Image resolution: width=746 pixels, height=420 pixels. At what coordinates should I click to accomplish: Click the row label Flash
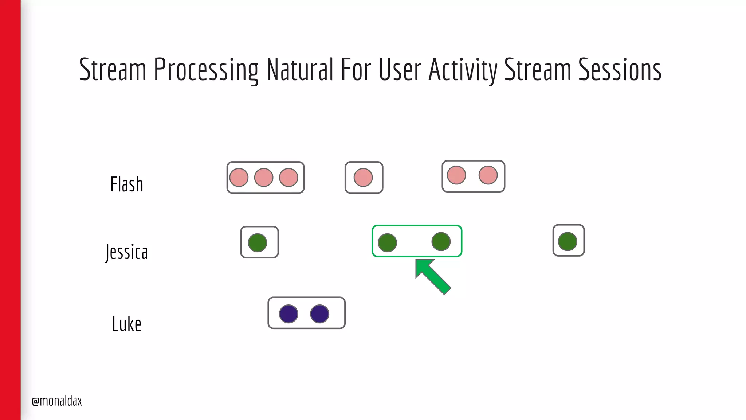point(127,184)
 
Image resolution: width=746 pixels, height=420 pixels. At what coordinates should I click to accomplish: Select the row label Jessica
point(127,252)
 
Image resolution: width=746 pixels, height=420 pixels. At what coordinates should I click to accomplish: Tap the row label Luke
point(126,324)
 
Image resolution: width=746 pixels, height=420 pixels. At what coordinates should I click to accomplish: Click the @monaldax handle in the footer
point(57,401)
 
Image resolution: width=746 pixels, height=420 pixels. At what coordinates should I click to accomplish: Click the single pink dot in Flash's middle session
point(363,178)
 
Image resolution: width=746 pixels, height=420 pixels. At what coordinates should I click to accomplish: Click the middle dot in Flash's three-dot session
point(264,178)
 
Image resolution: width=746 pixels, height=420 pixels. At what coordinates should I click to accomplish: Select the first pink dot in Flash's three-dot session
point(239,178)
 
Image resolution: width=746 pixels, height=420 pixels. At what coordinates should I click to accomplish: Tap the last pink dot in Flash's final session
point(488,175)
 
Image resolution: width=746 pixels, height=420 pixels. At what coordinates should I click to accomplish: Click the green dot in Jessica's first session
point(258,243)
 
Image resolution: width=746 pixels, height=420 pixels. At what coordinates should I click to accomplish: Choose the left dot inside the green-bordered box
point(388,243)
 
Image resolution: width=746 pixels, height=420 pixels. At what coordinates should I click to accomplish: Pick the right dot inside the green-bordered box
point(441,241)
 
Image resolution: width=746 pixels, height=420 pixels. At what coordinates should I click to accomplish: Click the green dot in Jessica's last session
point(568,241)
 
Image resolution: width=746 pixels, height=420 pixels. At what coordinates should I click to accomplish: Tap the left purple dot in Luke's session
point(288,314)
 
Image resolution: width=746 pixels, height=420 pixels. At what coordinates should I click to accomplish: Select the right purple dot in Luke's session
point(320,314)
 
